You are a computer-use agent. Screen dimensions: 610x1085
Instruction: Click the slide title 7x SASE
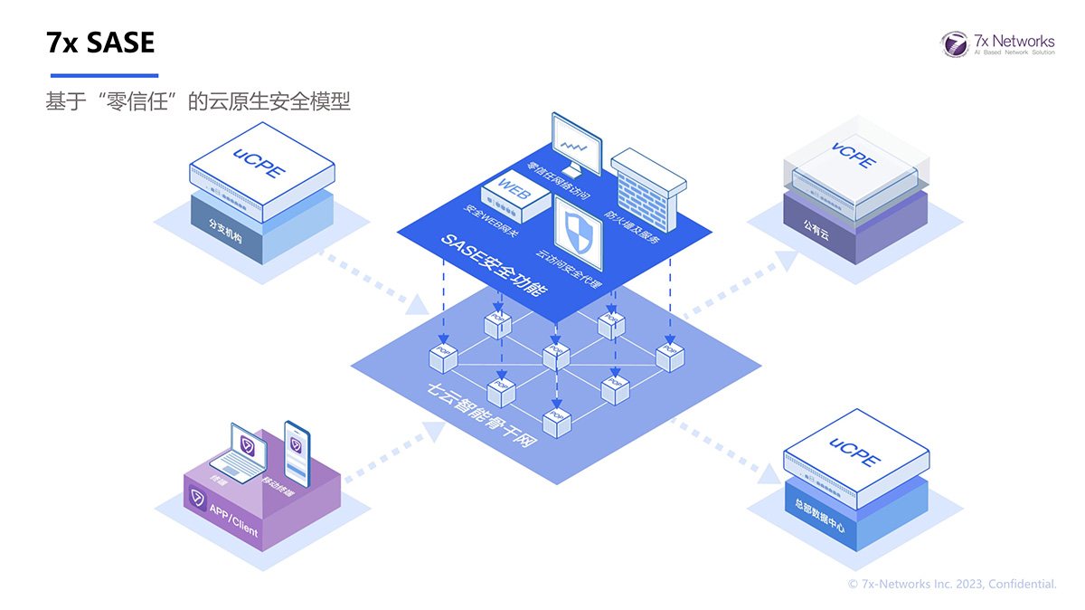[x=100, y=42]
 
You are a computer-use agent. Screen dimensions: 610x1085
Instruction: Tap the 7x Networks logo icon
[x=954, y=43]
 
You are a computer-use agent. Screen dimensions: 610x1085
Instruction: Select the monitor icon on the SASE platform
[x=576, y=144]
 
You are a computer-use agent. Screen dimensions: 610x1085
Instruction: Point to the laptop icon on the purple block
[x=243, y=453]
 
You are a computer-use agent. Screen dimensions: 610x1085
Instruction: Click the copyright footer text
[x=951, y=585]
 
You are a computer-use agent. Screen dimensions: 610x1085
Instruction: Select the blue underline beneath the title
[x=104, y=75]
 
